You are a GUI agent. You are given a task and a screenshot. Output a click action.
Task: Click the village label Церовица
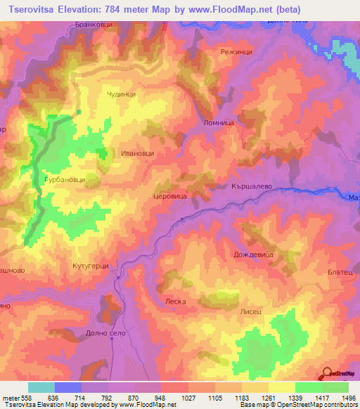(169, 198)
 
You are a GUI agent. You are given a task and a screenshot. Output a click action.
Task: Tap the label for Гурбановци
(65, 180)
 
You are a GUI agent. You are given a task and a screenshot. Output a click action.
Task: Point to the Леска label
(174, 301)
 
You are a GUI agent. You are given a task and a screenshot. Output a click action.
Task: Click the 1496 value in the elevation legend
(349, 397)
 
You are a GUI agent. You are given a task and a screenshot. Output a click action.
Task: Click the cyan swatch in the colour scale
(41, 387)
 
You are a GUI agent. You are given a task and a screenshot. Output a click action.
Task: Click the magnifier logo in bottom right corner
(328, 373)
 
